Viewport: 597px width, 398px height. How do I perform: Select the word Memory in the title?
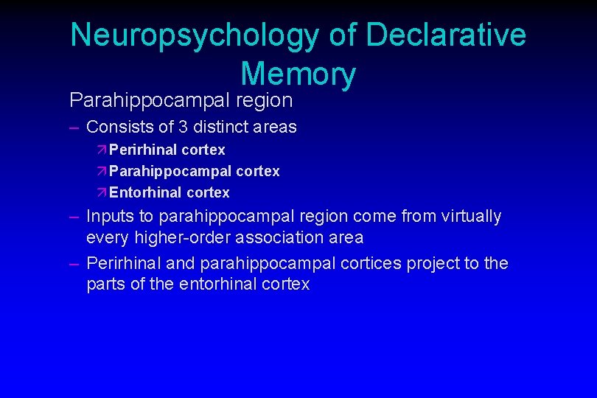click(x=298, y=74)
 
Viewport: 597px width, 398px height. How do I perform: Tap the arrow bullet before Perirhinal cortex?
click(x=102, y=150)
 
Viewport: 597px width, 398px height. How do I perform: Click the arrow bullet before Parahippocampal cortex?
click(x=102, y=171)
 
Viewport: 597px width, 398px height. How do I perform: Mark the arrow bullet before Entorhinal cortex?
click(x=102, y=192)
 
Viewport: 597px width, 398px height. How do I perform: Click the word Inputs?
click(x=110, y=217)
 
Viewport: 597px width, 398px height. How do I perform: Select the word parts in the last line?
click(x=106, y=284)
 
